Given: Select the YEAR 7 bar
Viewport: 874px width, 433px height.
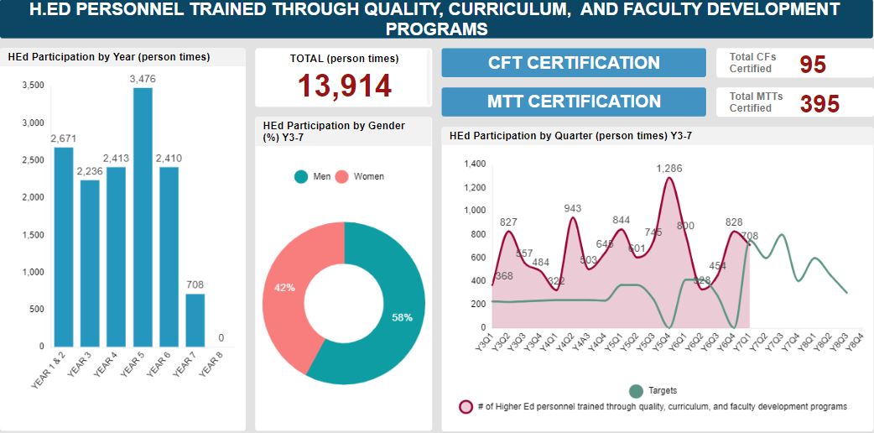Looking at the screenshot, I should coord(195,320).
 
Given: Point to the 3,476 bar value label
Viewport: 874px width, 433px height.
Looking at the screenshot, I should coord(143,79).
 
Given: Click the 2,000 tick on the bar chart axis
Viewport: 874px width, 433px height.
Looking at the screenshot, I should coord(34,197).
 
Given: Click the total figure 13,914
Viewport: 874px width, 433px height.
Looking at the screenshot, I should coord(345,86).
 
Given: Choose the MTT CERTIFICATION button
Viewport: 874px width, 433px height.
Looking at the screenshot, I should coord(574,102).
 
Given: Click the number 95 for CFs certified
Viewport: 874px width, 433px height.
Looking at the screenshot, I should coord(813,65).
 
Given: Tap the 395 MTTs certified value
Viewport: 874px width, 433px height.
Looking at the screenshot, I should coord(819,103).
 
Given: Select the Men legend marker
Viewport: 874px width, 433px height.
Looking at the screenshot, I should coord(301,176).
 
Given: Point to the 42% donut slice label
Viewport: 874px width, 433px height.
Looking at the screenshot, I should coord(284,288).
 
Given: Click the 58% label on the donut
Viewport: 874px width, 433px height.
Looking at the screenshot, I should coord(403,317).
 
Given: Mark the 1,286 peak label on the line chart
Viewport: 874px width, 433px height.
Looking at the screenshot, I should coord(669,169).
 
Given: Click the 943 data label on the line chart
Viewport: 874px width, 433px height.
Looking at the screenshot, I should coord(572,208).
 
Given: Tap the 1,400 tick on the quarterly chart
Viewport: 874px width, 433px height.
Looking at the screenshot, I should coord(475,164).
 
